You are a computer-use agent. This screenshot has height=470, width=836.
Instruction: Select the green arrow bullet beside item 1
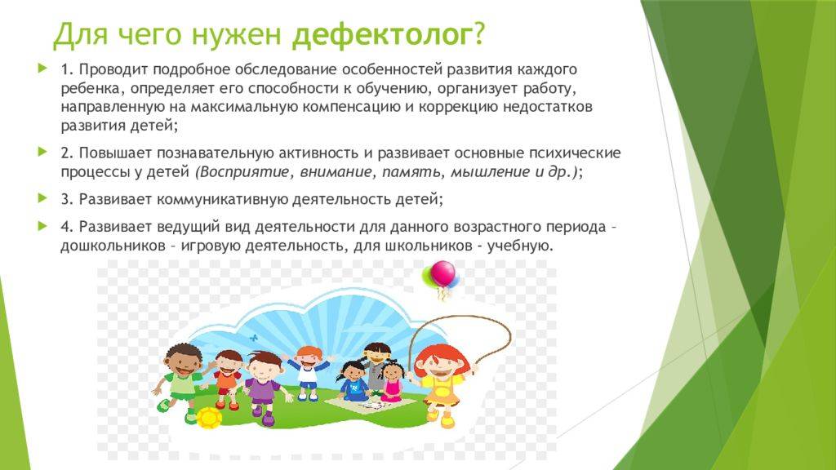(42, 69)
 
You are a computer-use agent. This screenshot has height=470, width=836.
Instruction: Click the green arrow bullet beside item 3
(42, 198)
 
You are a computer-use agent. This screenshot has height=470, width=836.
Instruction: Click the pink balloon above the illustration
(442, 273)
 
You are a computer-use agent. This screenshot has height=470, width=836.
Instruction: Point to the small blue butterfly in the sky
(253, 335)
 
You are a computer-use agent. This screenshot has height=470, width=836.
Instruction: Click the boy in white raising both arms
(307, 367)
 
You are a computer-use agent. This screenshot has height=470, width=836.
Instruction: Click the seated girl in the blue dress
(354, 380)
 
